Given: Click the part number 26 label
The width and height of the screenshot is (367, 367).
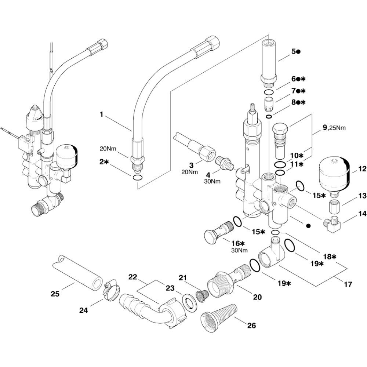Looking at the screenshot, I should [251, 325].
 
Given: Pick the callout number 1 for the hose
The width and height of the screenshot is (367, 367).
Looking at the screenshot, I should [101, 115].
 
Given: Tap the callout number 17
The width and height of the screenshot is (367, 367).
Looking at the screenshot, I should [347, 284].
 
